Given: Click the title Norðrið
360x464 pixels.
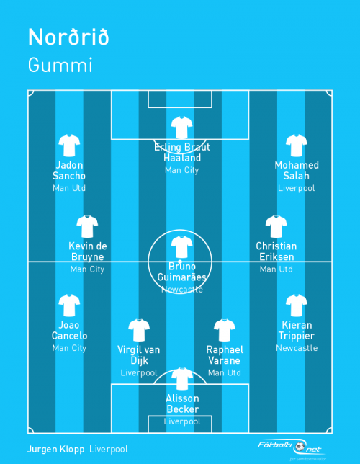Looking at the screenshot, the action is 68,37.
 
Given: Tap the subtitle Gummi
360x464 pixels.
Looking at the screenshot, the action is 60,65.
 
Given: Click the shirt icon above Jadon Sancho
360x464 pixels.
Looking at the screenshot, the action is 69,146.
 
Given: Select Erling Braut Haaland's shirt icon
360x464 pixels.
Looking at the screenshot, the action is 182,128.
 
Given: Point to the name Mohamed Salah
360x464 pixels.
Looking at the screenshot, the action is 297,170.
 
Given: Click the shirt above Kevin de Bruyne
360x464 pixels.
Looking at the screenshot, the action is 87,227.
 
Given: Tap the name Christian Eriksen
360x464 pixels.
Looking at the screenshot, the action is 276,251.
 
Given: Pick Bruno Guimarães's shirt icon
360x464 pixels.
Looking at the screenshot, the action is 182,247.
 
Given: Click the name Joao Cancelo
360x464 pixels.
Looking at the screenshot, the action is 69,330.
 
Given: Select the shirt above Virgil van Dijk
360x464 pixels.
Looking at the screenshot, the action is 139,330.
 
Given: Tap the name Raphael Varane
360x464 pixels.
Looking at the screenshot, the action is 225,355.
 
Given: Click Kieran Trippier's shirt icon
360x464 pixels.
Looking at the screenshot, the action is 297,305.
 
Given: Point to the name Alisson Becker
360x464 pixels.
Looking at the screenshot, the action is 182,403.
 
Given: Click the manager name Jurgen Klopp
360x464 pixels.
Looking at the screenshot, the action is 56,450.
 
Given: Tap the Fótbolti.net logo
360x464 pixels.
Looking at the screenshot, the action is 292,447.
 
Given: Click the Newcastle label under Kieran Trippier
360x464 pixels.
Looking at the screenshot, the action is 297,348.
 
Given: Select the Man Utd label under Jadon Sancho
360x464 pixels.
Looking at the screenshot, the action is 69,188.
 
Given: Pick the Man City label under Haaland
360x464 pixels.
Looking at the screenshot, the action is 182,171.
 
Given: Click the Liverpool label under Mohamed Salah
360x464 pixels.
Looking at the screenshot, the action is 297,188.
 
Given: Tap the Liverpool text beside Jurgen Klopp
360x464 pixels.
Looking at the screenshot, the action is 109,450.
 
